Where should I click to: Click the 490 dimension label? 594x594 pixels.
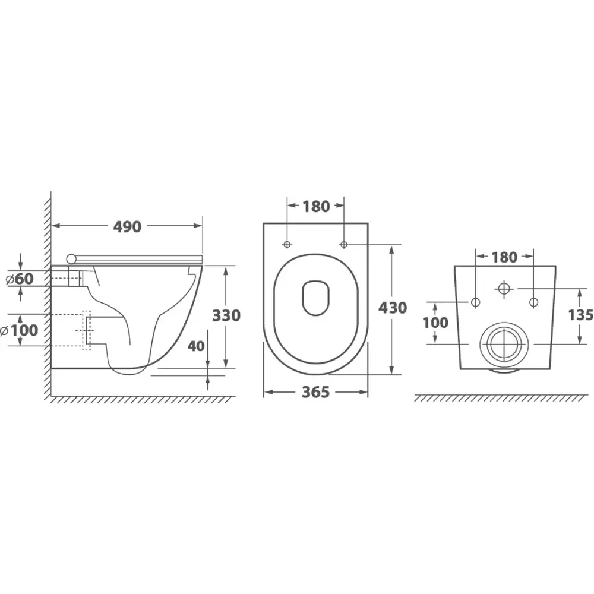(127, 226)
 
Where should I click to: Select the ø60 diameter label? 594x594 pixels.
(20, 279)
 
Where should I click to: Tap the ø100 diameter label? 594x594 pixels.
(19, 330)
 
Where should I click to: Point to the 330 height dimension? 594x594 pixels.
(226, 315)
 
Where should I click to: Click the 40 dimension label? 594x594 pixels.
(196, 346)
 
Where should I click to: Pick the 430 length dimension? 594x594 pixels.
(393, 308)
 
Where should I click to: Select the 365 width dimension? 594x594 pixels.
(315, 392)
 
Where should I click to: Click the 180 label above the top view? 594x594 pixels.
(316, 207)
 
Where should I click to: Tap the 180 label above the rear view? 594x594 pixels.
(504, 258)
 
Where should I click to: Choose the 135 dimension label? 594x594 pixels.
(581, 314)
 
